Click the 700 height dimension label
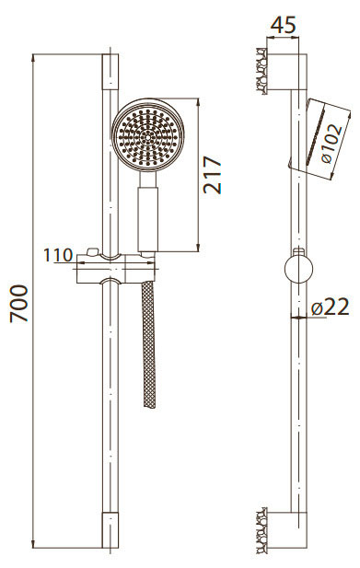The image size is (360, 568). pyautogui.click(x=18, y=304)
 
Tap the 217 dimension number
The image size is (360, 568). pyautogui.click(x=213, y=175)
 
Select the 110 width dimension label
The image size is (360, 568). pyautogui.click(x=58, y=255)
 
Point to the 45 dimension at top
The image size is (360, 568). pyautogui.click(x=284, y=25)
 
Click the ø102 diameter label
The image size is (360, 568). pyautogui.click(x=331, y=144)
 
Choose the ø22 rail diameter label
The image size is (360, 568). pyautogui.click(x=330, y=307)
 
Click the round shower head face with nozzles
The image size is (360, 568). pyautogui.click(x=147, y=135)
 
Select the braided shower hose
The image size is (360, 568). pyautogui.click(x=149, y=344)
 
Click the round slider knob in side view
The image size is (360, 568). pyautogui.click(x=299, y=270)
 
